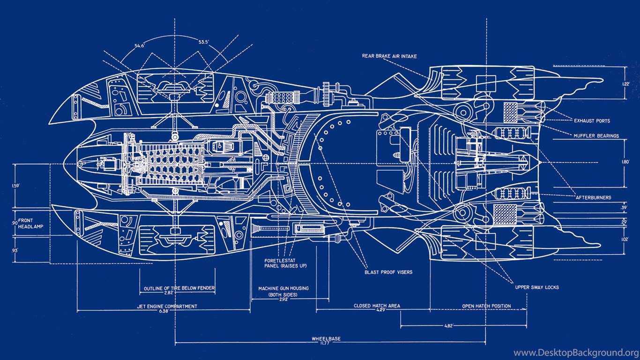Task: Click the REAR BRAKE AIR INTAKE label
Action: tap(389, 56)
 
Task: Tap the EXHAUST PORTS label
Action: tap(592, 121)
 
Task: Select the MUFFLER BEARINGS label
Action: tap(596, 136)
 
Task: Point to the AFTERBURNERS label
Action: tap(594, 198)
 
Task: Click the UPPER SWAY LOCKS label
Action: tap(536, 287)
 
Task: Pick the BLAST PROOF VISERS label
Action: tap(388, 272)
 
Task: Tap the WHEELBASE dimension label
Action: tap(326, 338)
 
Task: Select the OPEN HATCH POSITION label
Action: tap(486, 306)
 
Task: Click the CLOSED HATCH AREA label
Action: tap(377, 306)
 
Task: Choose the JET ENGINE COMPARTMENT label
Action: tap(167, 307)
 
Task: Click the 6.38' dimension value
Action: tap(164, 311)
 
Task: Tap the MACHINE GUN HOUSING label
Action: tap(283, 288)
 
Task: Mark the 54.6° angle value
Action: tap(140, 45)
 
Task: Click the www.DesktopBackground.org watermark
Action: tap(576, 353)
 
